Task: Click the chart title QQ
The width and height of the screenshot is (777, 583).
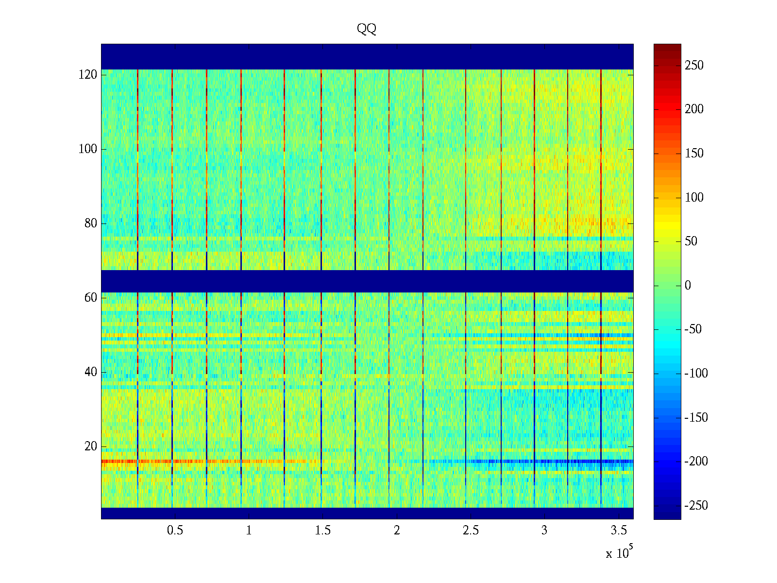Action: [x=367, y=29]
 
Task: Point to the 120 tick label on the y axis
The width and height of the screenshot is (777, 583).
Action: [x=87, y=75]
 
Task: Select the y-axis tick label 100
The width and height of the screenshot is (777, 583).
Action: [x=87, y=149]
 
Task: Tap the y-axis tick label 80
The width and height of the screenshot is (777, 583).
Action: [x=90, y=223]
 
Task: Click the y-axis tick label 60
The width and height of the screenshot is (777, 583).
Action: [x=90, y=298]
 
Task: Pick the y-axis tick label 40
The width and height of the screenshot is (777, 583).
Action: [x=90, y=372]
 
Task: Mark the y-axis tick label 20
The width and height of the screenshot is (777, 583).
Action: [x=90, y=446]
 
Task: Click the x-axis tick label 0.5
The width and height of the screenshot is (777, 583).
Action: [x=175, y=531]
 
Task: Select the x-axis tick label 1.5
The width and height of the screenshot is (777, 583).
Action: [x=322, y=531]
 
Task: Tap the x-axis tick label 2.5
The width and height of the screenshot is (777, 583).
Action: [x=470, y=531]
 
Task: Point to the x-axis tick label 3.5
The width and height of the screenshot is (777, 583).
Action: [x=618, y=531]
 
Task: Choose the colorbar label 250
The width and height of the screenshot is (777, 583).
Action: [x=694, y=66]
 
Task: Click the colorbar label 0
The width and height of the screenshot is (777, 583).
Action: [x=688, y=286]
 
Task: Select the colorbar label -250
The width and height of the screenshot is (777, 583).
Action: [x=696, y=506]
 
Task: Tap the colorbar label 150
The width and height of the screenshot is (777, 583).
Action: [x=694, y=154]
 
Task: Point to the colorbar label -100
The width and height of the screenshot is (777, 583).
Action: [x=696, y=374]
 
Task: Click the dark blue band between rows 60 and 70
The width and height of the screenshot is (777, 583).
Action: [x=367, y=281]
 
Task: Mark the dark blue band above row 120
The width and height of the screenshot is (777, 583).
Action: [x=367, y=56]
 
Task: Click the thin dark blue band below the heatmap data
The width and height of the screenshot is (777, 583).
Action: [x=367, y=513]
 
